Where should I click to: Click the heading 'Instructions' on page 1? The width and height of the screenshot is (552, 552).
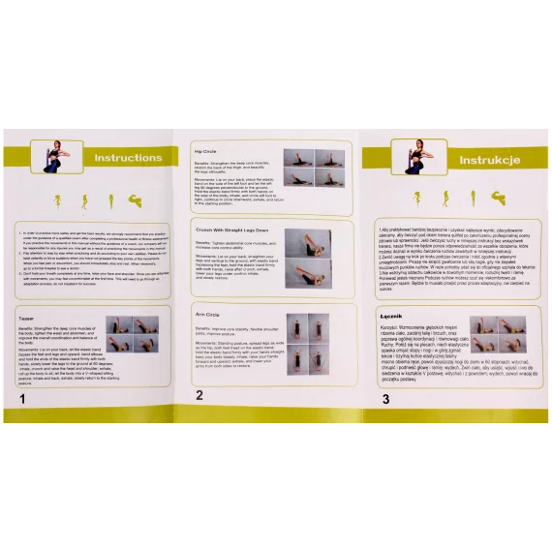(x=128, y=158)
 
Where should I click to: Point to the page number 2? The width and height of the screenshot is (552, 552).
(x=199, y=394)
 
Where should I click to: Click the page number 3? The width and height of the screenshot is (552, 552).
(x=385, y=398)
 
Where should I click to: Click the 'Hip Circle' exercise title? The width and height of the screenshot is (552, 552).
(x=206, y=151)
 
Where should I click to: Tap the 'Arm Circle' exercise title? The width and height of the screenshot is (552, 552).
(x=207, y=315)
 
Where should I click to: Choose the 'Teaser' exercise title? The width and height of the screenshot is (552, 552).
(x=27, y=317)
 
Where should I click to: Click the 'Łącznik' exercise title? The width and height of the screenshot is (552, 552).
(x=391, y=316)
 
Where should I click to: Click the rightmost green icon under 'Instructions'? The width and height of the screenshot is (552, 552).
(x=134, y=200)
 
